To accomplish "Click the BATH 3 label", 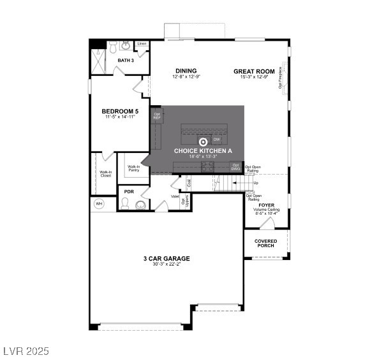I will [126, 61].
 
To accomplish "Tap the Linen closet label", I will [142, 44].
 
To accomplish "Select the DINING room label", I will [186, 71].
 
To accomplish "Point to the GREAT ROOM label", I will [254, 71].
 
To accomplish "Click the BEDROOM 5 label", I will [120, 112].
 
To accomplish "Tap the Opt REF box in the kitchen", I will [157, 116].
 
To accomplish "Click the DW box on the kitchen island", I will [216, 138].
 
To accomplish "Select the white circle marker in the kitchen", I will [204, 141].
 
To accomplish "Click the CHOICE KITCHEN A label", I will [204, 150].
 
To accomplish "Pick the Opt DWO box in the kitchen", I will [236, 168].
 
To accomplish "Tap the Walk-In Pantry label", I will [134, 169].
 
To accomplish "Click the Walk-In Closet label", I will [105, 173].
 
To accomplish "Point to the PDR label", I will [129, 192].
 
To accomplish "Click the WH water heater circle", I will [99, 204].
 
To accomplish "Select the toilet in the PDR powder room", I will [125, 205].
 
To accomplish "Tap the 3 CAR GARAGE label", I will [166, 258].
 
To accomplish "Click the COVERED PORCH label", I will [266, 243].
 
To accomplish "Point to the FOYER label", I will [267, 205].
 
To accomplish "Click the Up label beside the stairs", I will [256, 183].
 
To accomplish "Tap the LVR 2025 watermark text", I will [26, 351].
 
